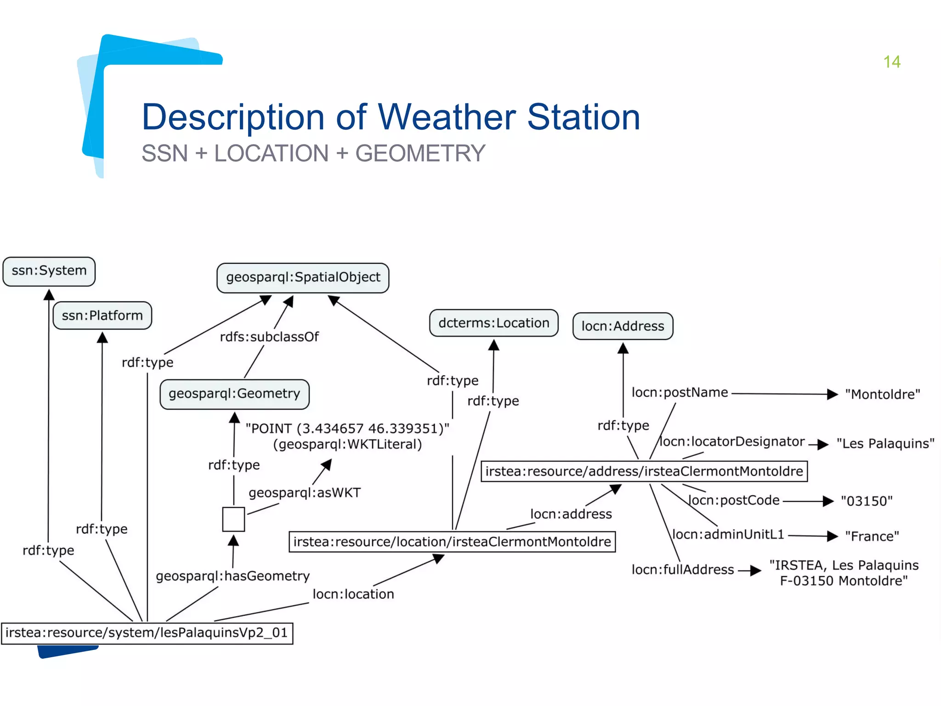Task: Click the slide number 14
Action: coord(891,62)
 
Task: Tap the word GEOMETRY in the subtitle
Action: coord(420,154)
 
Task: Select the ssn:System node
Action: coord(49,271)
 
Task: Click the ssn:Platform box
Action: coord(102,316)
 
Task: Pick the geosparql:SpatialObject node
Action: coord(303,278)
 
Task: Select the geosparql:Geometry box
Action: coord(234,394)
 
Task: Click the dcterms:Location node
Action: coord(493,323)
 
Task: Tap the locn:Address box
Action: coord(623,326)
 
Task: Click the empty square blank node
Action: coord(233,519)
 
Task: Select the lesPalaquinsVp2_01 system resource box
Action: coord(147,633)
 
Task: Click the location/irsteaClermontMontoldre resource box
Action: coord(452,542)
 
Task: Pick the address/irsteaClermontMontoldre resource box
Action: coord(644,472)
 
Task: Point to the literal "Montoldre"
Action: coord(882,394)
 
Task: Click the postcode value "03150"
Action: coord(867,501)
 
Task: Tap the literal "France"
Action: coord(872,536)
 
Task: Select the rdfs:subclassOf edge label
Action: coord(269,337)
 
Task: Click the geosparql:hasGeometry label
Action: coord(232,576)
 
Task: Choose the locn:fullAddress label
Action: coord(682,570)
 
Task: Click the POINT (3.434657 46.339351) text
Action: coord(347,429)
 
